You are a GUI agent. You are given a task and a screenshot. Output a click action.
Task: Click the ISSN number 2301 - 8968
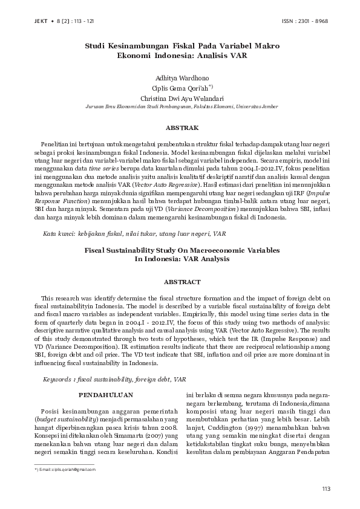pos(313,21)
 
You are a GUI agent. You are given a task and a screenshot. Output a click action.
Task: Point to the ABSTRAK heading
pos(180,128)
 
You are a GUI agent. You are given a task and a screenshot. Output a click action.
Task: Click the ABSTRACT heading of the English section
pos(180,282)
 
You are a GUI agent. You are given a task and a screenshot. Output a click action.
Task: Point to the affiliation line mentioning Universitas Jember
pos(180,106)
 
